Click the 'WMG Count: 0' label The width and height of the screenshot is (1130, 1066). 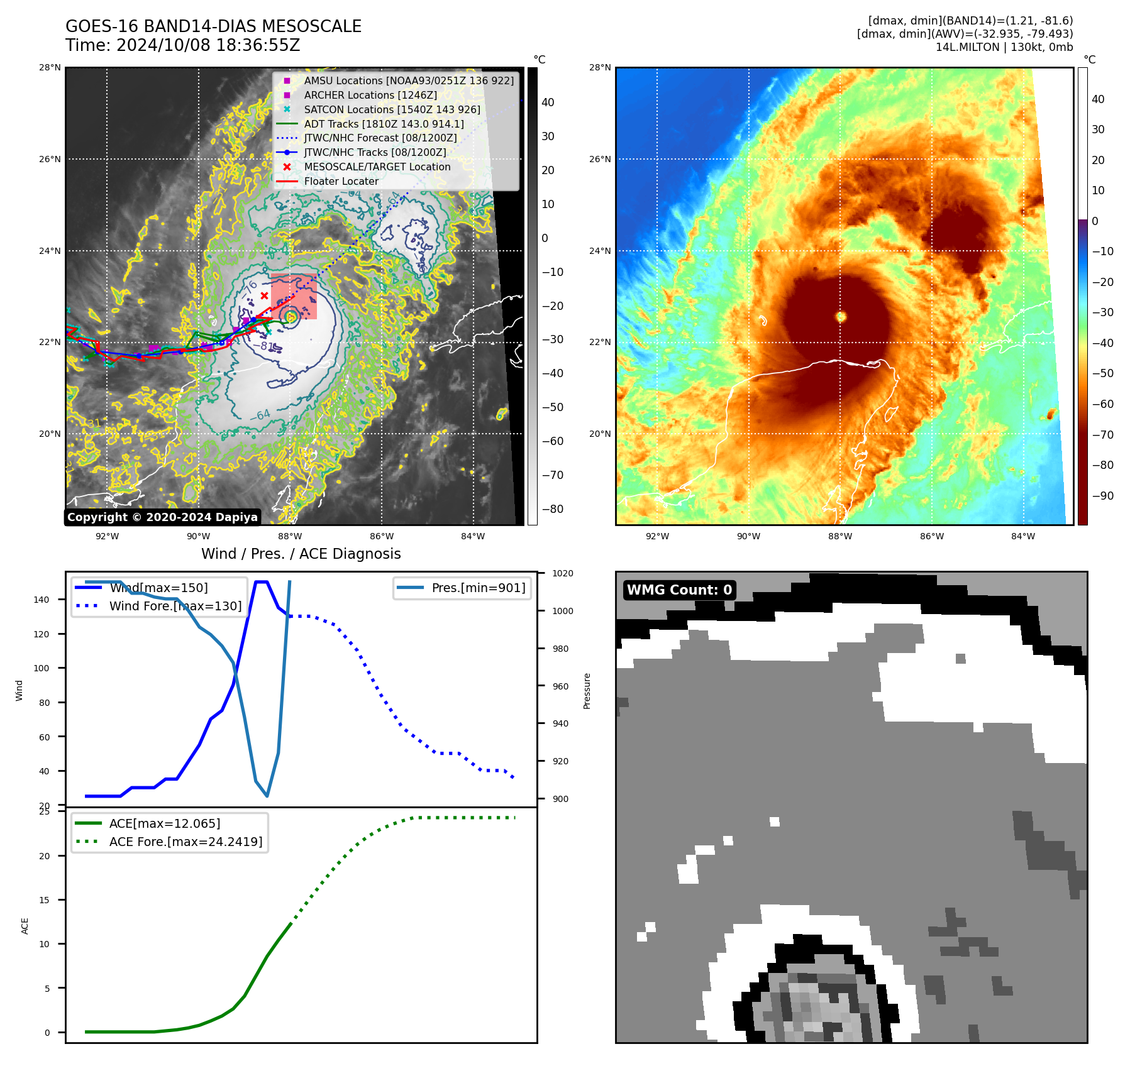(x=679, y=590)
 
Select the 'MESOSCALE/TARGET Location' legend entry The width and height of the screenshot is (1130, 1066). (x=377, y=167)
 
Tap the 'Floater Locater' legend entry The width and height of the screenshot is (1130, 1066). (x=341, y=182)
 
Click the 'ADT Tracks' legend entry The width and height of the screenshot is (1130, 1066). (x=384, y=124)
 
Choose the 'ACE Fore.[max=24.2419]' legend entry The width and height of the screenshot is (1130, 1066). (x=186, y=842)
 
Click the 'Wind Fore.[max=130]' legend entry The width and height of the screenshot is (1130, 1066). (x=175, y=606)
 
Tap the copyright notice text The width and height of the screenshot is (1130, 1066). (x=162, y=517)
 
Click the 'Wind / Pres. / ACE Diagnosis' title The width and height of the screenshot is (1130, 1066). (x=301, y=554)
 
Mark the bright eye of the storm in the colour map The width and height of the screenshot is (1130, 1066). (x=841, y=316)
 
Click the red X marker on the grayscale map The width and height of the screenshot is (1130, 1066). (x=265, y=295)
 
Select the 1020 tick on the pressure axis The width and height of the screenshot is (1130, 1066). (x=562, y=573)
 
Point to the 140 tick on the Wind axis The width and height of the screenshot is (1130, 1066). (x=42, y=600)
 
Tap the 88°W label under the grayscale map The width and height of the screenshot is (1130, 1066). (x=290, y=536)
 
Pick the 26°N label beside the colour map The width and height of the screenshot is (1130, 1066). (x=600, y=159)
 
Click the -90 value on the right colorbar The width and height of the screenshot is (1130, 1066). (x=1102, y=496)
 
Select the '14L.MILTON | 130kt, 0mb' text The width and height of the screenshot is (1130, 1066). (x=1004, y=47)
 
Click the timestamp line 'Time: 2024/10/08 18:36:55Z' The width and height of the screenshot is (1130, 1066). (x=182, y=45)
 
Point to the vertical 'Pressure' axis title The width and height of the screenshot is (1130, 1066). (x=587, y=691)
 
